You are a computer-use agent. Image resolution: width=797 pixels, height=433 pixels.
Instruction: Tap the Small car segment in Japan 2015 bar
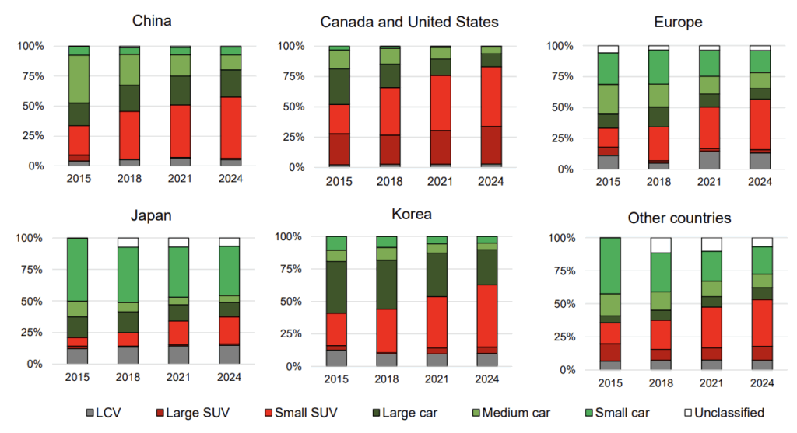pyautogui.click(x=79, y=269)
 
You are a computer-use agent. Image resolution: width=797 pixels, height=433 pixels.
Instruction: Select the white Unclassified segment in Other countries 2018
pyautogui.click(x=661, y=245)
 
